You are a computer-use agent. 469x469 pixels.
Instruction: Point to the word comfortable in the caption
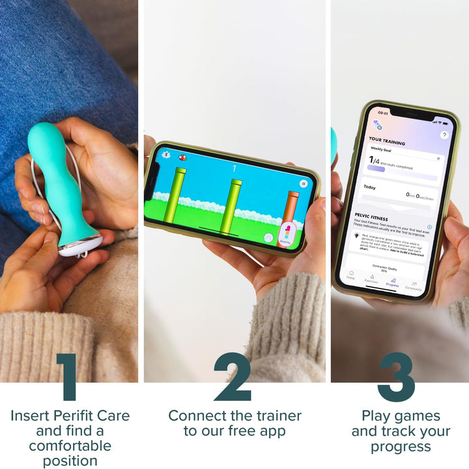(70, 446)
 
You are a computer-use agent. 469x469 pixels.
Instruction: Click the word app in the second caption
(268, 431)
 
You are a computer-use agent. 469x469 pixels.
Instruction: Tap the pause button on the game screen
(304, 184)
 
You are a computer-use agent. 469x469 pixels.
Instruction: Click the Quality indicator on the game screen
(285, 235)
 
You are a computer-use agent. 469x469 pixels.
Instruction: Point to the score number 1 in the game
(234, 169)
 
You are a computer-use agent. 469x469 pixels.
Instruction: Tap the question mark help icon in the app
(444, 135)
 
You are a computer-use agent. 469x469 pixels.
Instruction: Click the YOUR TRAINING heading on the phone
(386, 141)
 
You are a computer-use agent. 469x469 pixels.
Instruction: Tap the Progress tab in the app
(392, 282)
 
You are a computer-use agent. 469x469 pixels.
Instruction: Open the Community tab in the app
(414, 285)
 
